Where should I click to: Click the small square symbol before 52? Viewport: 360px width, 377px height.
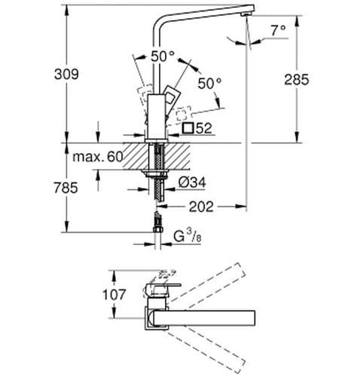[x=188, y=129]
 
